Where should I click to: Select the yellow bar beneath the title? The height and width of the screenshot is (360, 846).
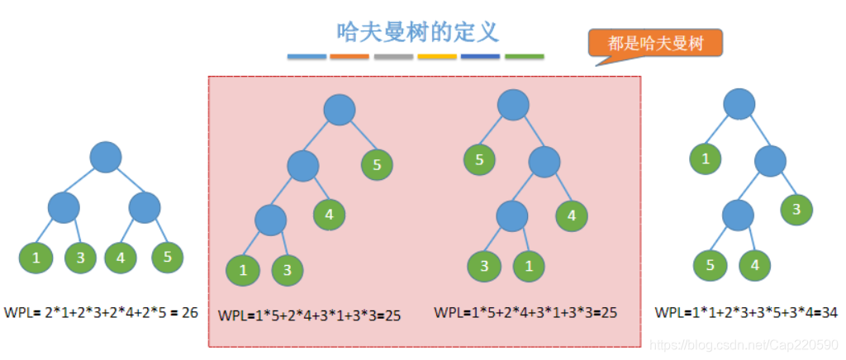point(437,57)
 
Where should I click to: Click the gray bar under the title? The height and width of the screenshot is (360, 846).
point(393,57)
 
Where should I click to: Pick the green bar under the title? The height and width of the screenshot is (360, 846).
point(524,57)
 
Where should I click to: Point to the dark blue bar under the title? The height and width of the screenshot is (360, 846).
point(481,57)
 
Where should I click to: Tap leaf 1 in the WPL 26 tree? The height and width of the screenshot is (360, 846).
point(36,258)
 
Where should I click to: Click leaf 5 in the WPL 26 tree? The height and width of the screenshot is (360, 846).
point(168,258)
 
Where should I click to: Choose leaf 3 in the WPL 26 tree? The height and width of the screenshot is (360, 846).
point(81,258)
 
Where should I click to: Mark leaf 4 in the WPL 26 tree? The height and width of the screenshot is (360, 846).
point(121,258)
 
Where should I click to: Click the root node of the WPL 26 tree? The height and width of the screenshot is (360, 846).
point(106,157)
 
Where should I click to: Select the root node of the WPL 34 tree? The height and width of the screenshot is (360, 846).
point(739,104)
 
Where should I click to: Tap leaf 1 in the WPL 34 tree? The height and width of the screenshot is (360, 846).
point(706,159)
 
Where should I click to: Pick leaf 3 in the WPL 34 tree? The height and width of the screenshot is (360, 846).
point(796,210)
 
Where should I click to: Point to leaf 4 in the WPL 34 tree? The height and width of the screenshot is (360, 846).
point(753,266)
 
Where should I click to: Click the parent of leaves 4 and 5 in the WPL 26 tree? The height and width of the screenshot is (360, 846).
point(144,206)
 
